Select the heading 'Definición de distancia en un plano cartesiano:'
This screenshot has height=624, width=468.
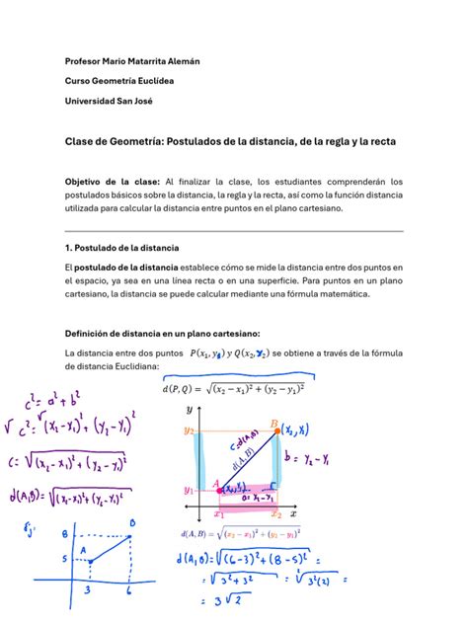pyautogui.click(x=162, y=332)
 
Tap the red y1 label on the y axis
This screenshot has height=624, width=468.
pyautogui.click(x=188, y=489)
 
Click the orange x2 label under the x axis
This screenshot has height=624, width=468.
pyautogui.click(x=276, y=514)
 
